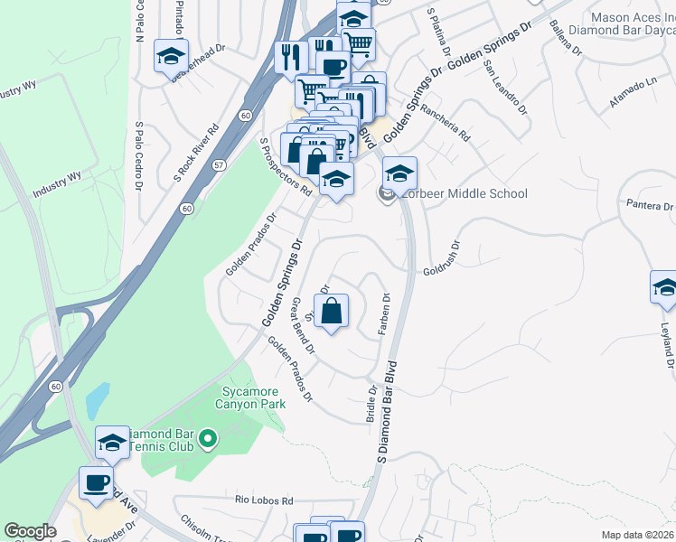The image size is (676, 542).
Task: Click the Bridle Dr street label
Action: click(x=371, y=403)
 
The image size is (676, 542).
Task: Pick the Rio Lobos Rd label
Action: click(x=265, y=500)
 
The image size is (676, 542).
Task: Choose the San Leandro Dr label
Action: click(x=505, y=89)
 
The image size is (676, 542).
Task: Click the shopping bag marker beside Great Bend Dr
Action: click(x=332, y=311)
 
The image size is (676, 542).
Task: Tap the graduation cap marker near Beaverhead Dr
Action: click(x=170, y=57)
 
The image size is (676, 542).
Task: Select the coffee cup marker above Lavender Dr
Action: click(x=97, y=482)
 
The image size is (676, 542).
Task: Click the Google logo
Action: click(x=31, y=530)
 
